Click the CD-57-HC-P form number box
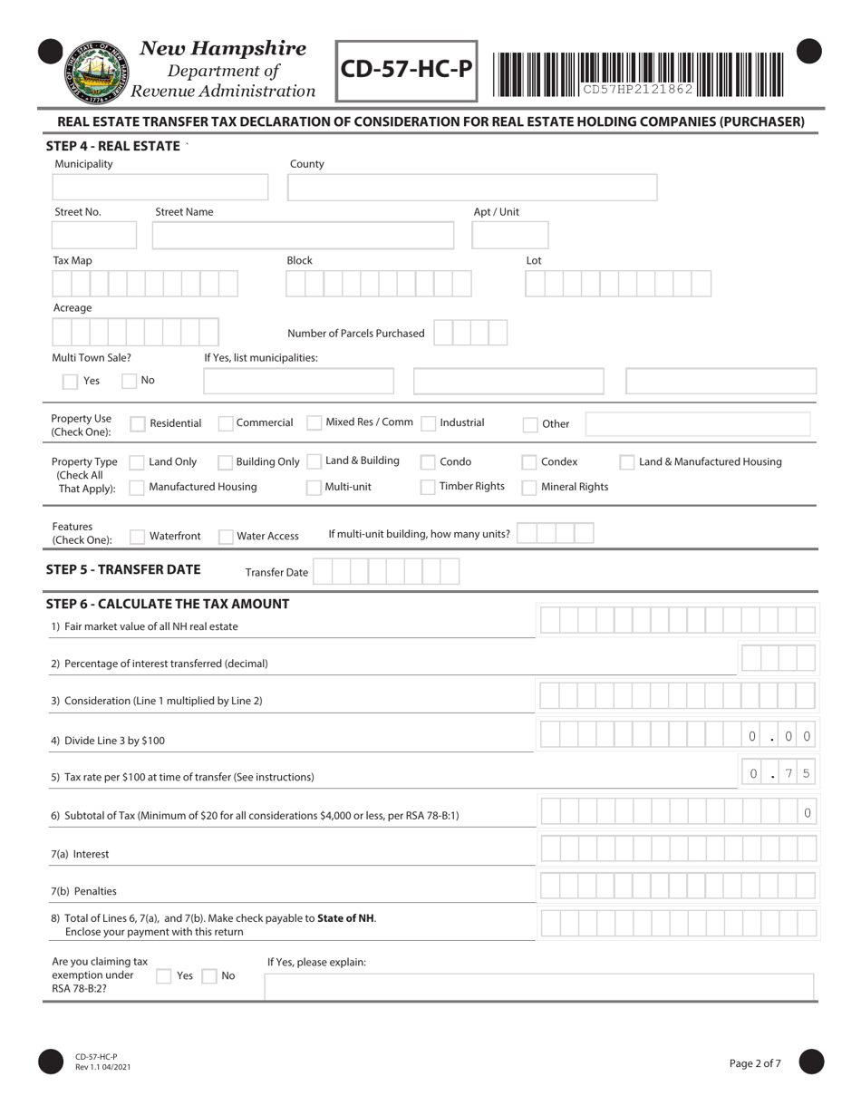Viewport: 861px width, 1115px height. click(406, 71)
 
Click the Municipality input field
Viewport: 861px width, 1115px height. click(160, 188)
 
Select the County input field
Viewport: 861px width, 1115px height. click(471, 188)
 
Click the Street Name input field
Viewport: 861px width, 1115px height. click(303, 236)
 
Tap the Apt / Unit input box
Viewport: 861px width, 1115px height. click(509, 236)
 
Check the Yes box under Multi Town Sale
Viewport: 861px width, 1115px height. click(70, 382)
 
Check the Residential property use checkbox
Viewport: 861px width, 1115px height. click(138, 423)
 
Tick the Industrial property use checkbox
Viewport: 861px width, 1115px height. click(429, 423)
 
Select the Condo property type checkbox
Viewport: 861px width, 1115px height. click(428, 462)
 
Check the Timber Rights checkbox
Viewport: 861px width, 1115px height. click(428, 487)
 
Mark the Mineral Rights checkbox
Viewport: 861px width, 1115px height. click(529, 488)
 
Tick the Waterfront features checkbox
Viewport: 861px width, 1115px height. click(138, 537)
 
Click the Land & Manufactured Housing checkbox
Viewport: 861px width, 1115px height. click(627, 462)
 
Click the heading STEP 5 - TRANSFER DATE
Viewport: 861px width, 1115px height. click(123, 570)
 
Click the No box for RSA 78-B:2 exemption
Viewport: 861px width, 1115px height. click(209, 976)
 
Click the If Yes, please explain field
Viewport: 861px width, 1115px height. click(538, 986)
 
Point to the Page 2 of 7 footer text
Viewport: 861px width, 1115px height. click(755, 1063)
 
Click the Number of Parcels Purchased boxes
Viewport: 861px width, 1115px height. click(470, 333)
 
